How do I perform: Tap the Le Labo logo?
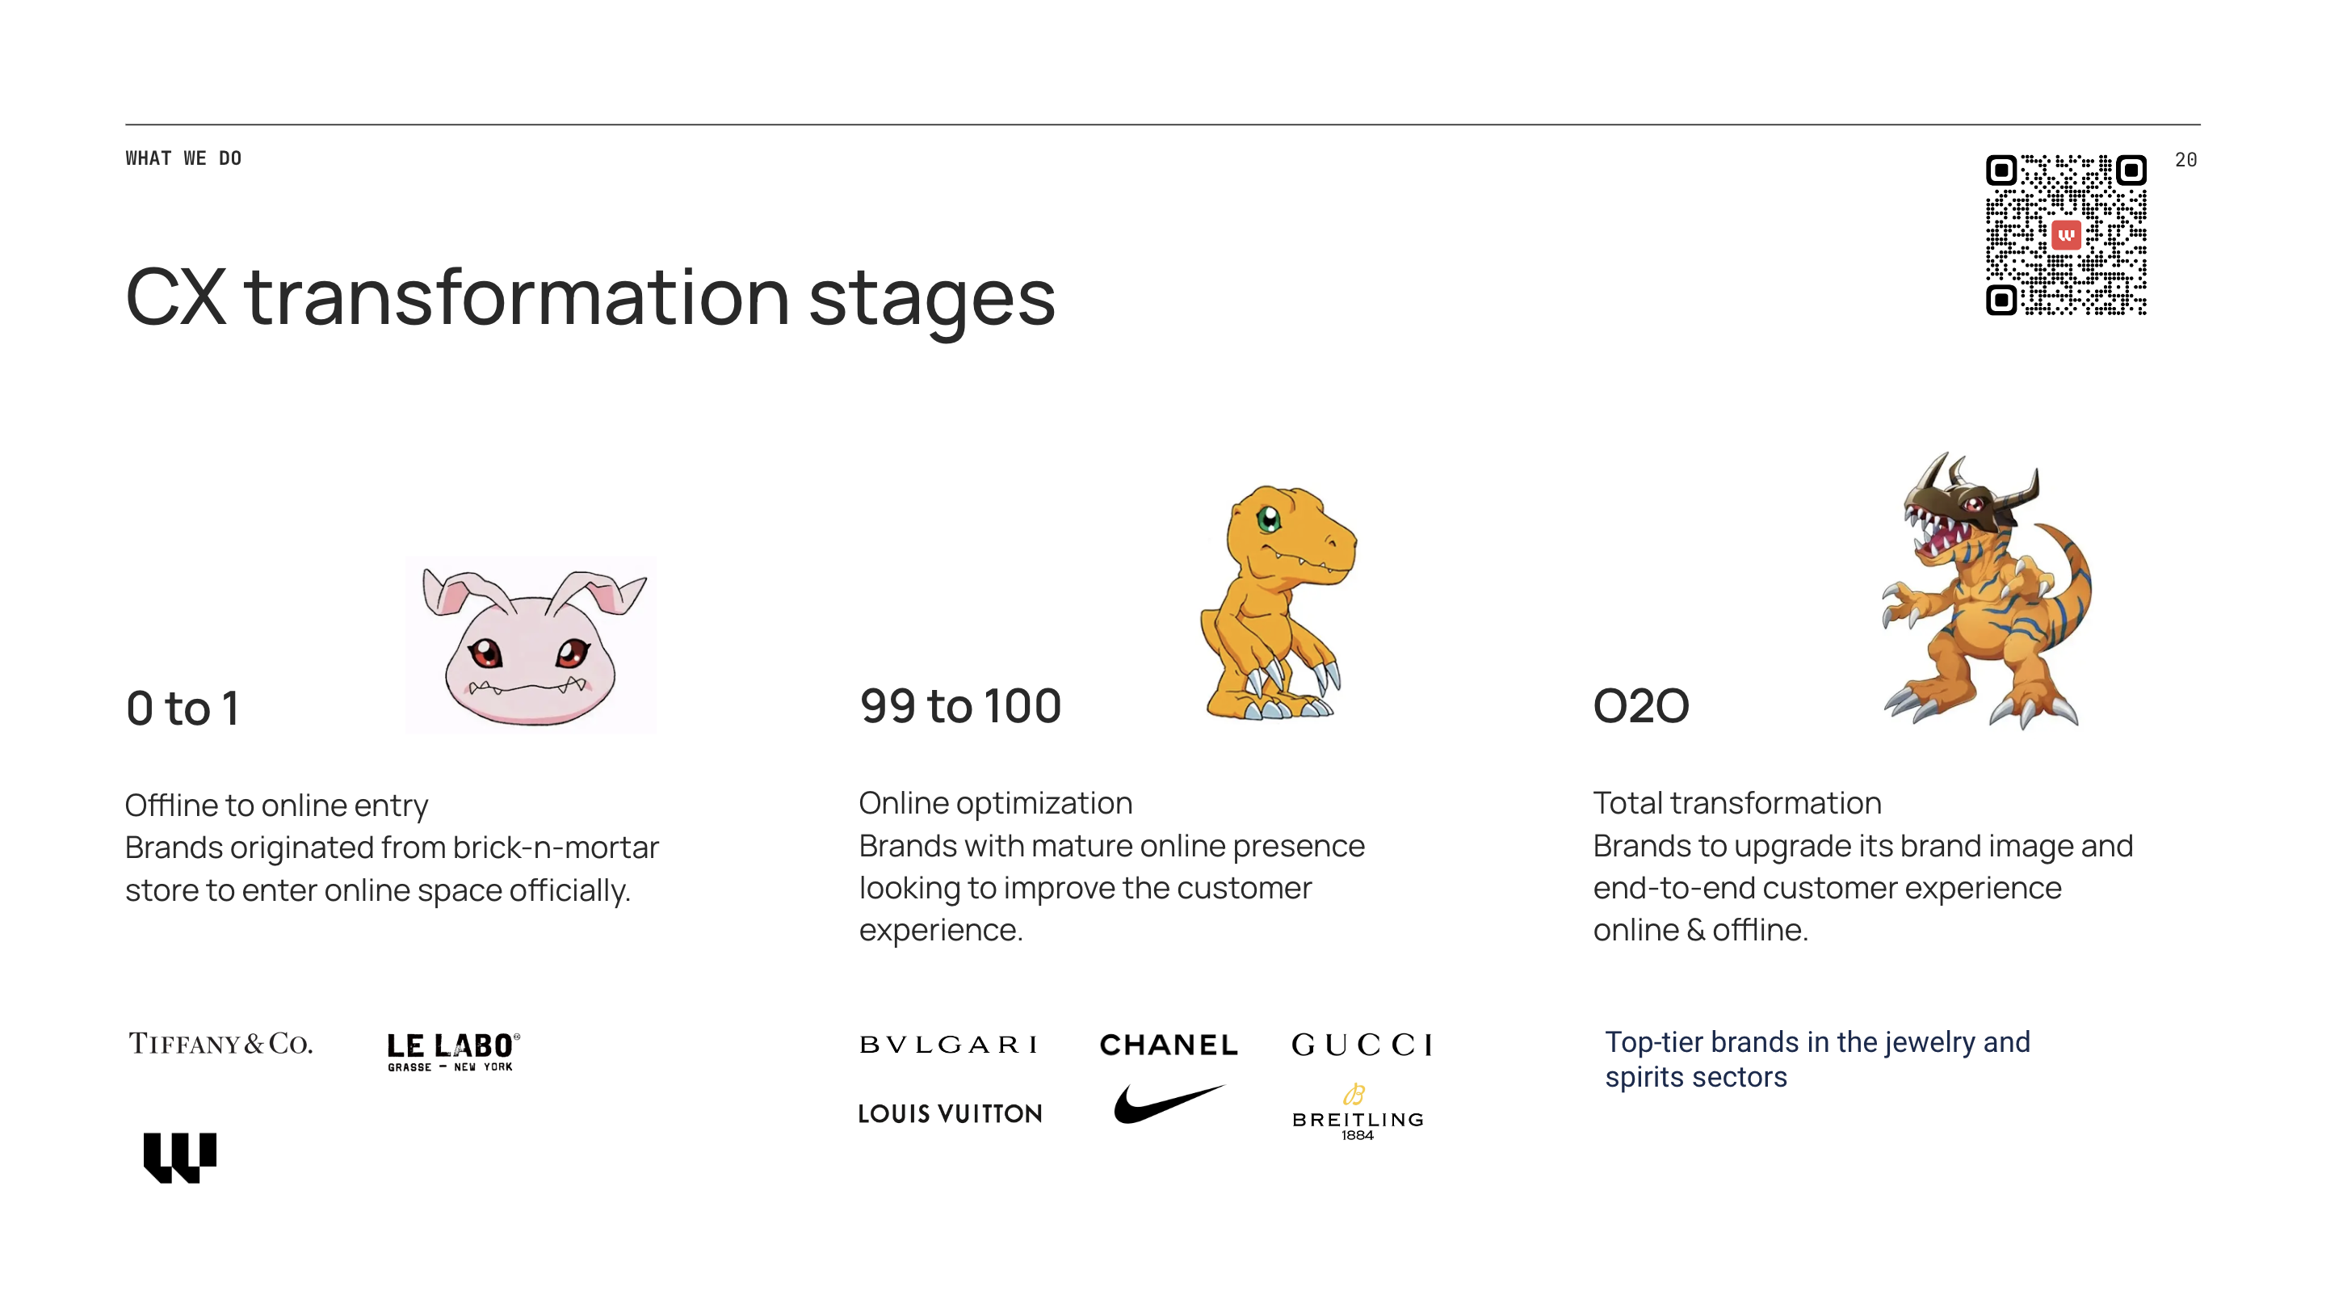point(453,1051)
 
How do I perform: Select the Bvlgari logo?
point(948,1045)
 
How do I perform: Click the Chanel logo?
point(1169,1045)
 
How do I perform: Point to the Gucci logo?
point(1362,1045)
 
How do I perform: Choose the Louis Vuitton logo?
point(950,1113)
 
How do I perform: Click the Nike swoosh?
point(1169,1104)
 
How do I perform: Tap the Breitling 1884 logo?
point(1357,1113)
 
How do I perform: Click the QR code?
point(2066,235)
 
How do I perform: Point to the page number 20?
point(2185,160)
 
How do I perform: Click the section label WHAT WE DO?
point(183,158)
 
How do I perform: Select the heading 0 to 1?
point(183,708)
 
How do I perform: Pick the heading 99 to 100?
point(959,705)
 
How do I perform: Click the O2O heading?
point(1640,705)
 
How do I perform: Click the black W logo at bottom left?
point(179,1157)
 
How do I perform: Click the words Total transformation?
point(1737,803)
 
